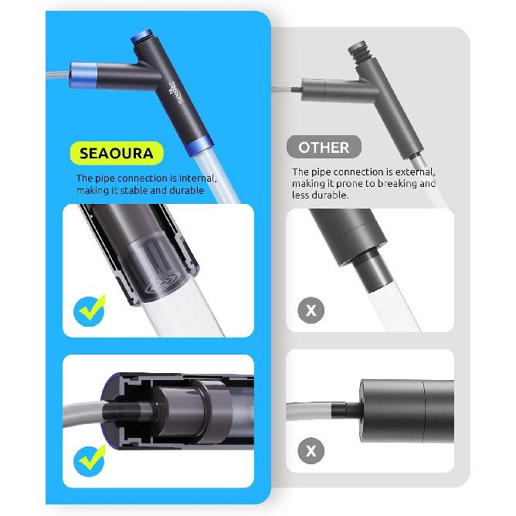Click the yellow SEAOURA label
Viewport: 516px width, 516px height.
click(x=122, y=152)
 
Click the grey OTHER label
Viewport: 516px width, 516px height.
click(x=324, y=147)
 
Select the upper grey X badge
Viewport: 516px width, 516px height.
click(x=311, y=311)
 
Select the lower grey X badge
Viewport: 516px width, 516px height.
click(x=311, y=450)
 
